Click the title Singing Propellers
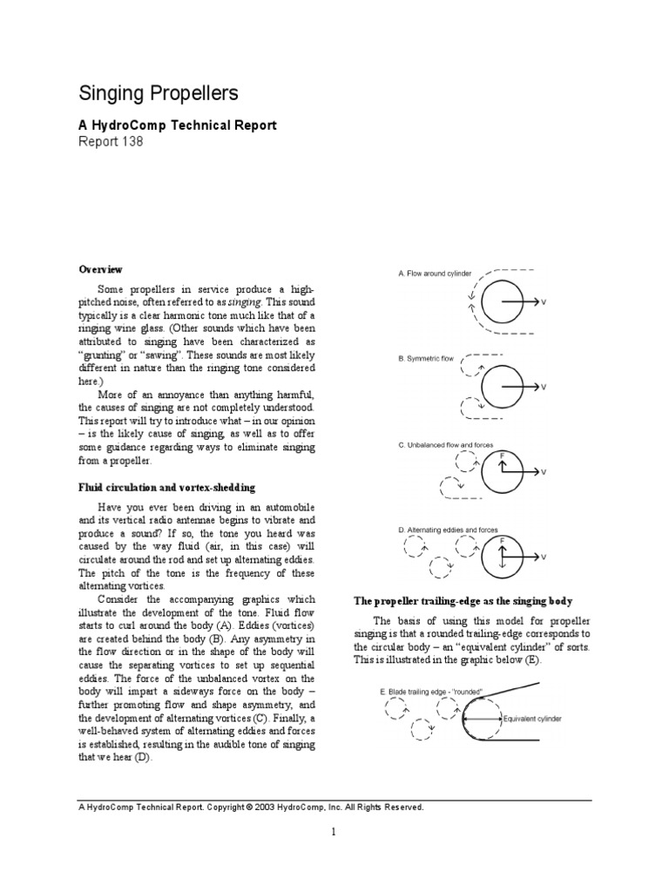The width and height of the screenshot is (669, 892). [x=159, y=94]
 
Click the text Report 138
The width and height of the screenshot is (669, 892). [x=111, y=141]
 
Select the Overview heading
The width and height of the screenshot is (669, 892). [x=101, y=269]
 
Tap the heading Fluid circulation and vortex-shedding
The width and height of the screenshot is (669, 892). [x=167, y=487]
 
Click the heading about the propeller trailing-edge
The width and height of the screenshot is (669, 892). [x=461, y=601]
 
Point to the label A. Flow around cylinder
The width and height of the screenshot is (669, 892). [x=435, y=274]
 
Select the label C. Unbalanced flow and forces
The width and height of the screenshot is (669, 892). [x=446, y=444]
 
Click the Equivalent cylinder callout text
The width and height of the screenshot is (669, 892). [x=533, y=720]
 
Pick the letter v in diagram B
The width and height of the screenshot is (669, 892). [x=544, y=387]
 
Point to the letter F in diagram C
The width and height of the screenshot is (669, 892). [x=502, y=455]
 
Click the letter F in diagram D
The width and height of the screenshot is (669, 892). [x=502, y=540]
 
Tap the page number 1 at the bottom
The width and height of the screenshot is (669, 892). [x=333, y=833]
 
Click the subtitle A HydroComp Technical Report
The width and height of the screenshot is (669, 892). [x=178, y=125]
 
